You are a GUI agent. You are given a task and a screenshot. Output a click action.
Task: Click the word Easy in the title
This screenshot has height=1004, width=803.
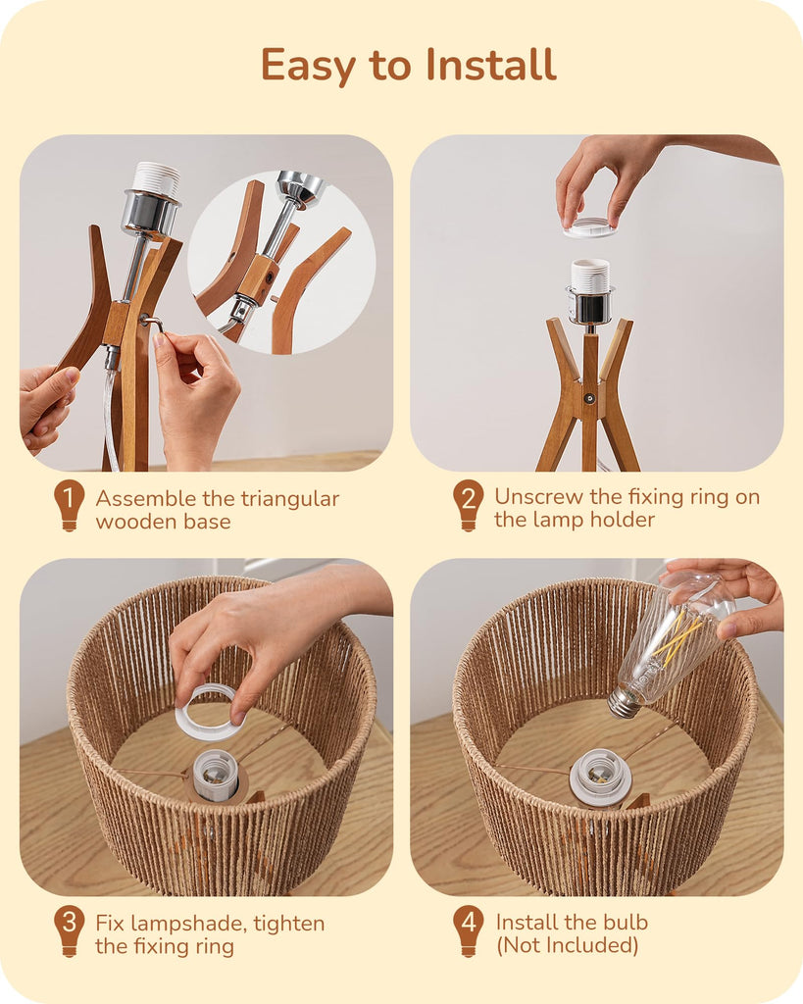pyautogui.click(x=308, y=66)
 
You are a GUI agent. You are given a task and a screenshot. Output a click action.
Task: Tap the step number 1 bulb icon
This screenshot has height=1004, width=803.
pyautogui.click(x=70, y=505)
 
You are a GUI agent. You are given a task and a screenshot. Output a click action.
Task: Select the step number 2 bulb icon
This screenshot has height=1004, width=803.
pyautogui.click(x=468, y=505)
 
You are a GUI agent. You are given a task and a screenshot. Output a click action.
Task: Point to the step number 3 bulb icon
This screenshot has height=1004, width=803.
pyautogui.click(x=70, y=931)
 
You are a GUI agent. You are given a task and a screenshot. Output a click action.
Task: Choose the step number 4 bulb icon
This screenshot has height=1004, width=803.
pyautogui.click(x=468, y=931)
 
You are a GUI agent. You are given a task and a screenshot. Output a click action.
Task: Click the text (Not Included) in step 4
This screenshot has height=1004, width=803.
pyautogui.click(x=568, y=945)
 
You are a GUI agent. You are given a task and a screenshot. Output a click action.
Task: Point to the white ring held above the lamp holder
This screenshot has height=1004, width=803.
pyautogui.click(x=590, y=227)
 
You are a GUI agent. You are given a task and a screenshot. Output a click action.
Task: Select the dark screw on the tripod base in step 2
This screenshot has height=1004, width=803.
pyautogui.click(x=590, y=398)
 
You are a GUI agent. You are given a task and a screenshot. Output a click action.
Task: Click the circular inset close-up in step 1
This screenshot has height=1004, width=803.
pyautogui.click(x=281, y=263)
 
